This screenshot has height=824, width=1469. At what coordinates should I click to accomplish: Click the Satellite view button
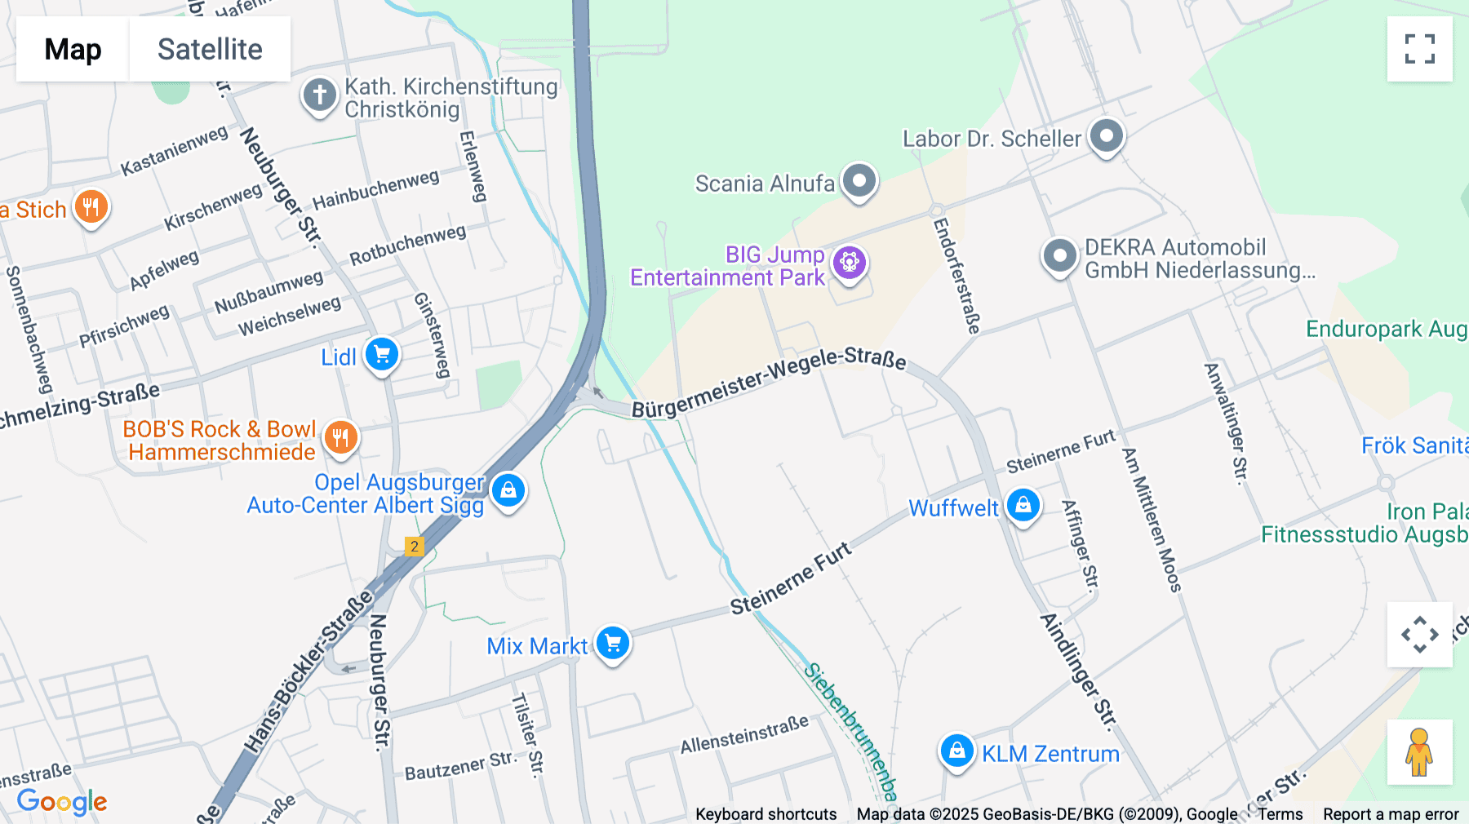click(210, 49)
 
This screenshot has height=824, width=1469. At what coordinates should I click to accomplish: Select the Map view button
click(73, 49)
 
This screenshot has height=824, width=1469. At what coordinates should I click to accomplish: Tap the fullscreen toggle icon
click(1419, 49)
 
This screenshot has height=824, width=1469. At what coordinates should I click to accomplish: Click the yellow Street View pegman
click(1419, 751)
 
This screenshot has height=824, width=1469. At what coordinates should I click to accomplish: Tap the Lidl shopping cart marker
click(381, 355)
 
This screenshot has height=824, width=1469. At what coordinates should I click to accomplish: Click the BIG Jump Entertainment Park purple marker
click(849, 263)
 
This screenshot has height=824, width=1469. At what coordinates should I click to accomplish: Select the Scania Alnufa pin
click(859, 180)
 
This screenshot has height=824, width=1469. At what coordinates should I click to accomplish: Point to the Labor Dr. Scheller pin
click(1106, 135)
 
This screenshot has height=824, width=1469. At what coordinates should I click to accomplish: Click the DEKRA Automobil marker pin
click(1059, 256)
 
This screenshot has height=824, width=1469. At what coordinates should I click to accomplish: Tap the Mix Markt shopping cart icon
click(612, 643)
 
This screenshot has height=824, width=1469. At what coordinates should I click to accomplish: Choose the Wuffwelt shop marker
click(1023, 505)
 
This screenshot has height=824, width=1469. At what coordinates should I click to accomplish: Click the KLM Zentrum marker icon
click(956, 751)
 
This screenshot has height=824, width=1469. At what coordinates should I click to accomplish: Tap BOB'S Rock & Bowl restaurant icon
click(340, 437)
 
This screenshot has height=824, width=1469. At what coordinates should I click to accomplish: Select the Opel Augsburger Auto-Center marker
click(508, 490)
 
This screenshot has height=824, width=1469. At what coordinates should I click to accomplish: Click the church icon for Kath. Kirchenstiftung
click(319, 95)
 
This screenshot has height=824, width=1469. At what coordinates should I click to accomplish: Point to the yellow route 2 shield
click(415, 547)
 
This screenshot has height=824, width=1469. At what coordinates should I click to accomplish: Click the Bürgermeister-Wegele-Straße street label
click(768, 381)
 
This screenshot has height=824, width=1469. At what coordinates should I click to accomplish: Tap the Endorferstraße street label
click(956, 275)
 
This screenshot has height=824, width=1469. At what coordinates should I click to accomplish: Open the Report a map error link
click(1390, 814)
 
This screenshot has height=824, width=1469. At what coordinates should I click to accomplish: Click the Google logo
click(62, 801)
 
